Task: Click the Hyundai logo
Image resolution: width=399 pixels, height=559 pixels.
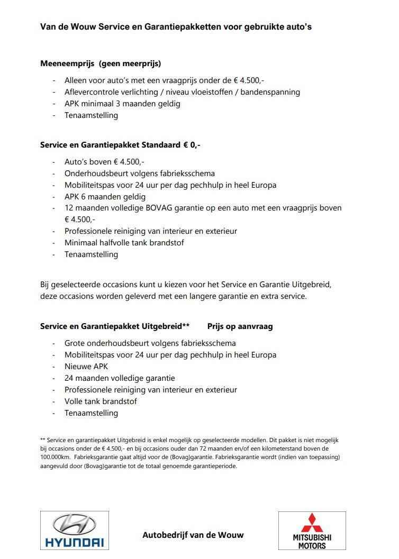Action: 74,530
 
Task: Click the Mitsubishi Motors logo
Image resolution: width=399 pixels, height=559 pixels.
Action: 312,530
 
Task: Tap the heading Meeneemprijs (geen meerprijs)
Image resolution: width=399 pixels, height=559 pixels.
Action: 101,63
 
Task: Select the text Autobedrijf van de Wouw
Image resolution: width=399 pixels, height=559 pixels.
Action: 193,535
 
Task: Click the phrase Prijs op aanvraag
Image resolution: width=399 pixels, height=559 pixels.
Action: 240,326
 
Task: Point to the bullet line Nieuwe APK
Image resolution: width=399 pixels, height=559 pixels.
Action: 86,366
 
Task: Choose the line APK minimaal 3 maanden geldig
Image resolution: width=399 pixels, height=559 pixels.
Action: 122,104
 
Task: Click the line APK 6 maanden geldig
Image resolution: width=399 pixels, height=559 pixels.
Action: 105,197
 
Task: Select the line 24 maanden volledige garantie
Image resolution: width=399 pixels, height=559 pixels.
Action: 120,378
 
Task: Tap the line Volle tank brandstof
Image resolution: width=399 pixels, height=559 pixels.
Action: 101,401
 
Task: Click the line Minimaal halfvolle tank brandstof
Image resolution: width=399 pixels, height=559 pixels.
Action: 124,243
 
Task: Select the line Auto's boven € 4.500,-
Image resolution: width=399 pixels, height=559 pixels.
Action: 104,162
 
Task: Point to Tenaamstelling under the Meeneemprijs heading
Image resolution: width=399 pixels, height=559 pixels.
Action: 91,115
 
